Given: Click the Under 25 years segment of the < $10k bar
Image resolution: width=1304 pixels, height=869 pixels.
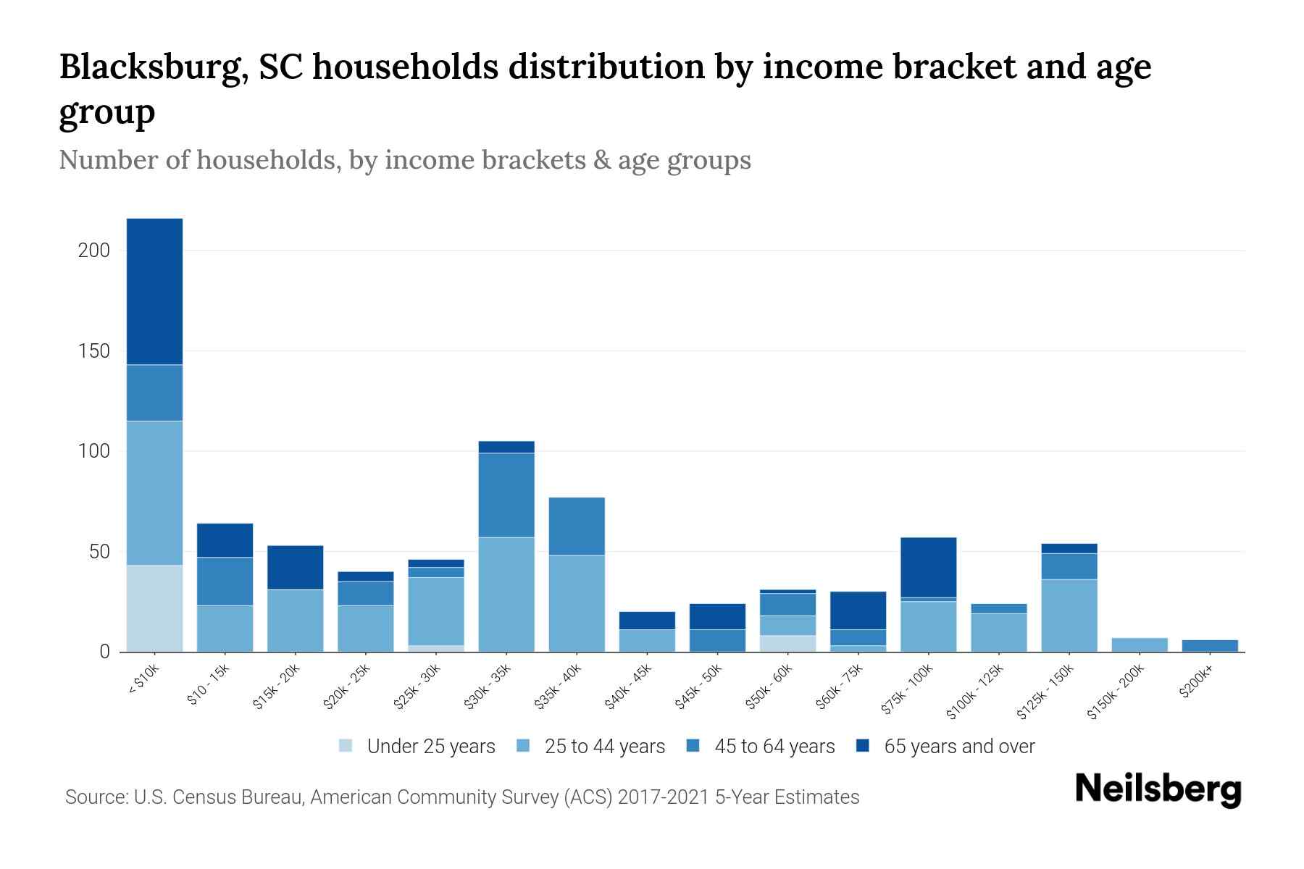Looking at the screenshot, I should pyautogui.click(x=154, y=608).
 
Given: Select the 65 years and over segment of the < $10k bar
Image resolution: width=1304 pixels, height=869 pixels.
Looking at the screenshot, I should pyautogui.click(x=154, y=291).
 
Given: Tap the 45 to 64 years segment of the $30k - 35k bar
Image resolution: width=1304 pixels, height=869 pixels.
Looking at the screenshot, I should pyautogui.click(x=506, y=495).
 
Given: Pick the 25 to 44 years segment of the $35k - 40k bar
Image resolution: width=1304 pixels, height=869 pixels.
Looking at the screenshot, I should pyautogui.click(x=577, y=603).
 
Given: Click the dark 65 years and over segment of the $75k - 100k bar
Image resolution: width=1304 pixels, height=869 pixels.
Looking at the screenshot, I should pyautogui.click(x=928, y=567).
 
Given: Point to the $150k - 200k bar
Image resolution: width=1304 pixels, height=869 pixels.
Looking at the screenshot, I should pyautogui.click(x=1140, y=645).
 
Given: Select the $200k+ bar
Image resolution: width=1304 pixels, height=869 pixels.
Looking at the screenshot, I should pyautogui.click(x=1210, y=645).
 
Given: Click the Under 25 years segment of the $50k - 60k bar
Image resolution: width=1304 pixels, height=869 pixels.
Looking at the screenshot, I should pyautogui.click(x=787, y=643).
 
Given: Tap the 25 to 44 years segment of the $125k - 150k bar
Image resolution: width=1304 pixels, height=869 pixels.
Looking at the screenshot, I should pyautogui.click(x=1069, y=616).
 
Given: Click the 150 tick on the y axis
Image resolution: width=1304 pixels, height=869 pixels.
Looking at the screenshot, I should pyautogui.click(x=94, y=351).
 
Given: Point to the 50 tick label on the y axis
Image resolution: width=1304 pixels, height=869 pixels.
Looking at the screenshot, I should pyautogui.click(x=99, y=552).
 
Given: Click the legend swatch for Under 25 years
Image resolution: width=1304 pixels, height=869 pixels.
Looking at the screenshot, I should pyautogui.click(x=346, y=746).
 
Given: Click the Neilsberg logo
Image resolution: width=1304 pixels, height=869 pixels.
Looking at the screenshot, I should pyautogui.click(x=1158, y=789).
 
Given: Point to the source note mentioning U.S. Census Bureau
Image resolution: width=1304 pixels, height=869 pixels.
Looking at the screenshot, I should pyautogui.click(x=461, y=797).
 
